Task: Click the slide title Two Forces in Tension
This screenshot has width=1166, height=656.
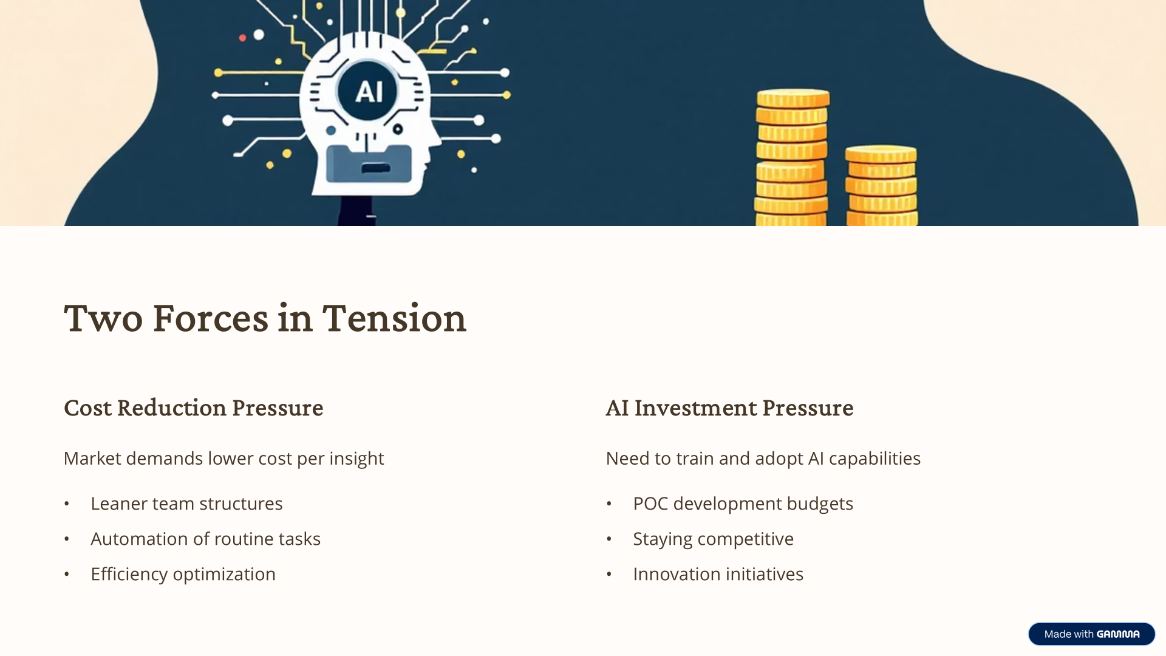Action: point(265,318)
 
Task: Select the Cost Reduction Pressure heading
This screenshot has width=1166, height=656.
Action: point(194,408)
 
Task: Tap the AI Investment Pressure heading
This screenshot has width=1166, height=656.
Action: point(729,408)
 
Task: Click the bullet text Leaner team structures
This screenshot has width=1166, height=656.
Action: point(186,504)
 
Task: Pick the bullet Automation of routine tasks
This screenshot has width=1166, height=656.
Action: point(205,539)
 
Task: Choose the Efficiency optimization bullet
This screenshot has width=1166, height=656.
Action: point(183,574)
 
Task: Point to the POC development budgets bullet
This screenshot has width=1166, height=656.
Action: point(743,504)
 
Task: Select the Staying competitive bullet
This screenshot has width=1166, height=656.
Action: point(713,539)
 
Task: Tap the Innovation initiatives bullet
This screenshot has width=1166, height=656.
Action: point(718,574)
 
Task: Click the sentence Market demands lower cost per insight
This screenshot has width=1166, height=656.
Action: point(223,459)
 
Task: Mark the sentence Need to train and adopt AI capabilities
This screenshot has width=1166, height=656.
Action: point(763,459)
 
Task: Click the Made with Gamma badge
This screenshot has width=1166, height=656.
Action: point(1091,634)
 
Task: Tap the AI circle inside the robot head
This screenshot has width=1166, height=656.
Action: point(368,91)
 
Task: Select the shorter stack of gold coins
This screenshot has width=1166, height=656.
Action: point(881,185)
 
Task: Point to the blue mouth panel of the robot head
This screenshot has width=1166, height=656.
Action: point(369,164)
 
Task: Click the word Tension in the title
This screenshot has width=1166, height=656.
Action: point(394,318)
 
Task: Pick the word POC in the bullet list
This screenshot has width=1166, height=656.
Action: point(650,504)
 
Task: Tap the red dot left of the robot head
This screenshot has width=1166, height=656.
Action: point(242,38)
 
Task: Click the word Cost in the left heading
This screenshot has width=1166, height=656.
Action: point(87,408)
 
